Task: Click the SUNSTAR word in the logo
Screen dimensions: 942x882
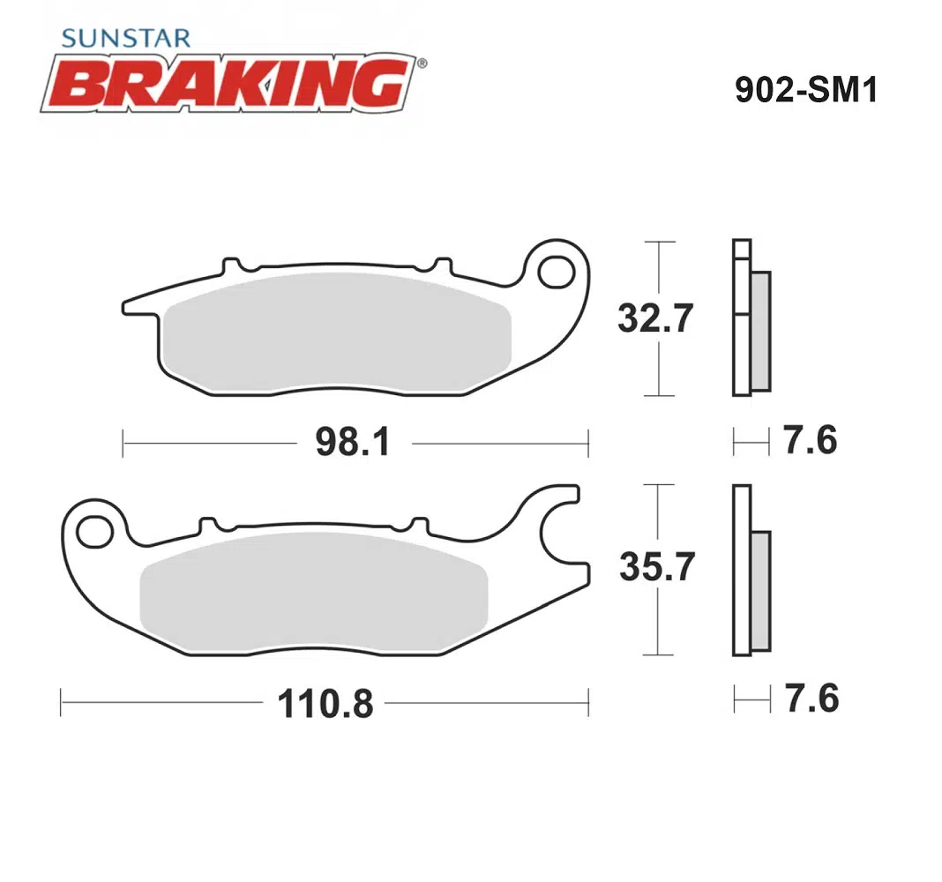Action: (x=126, y=39)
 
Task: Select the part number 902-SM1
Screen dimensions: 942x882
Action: (x=806, y=90)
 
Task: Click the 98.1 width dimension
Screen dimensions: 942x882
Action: (x=353, y=442)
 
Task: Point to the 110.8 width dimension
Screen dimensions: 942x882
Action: (x=325, y=704)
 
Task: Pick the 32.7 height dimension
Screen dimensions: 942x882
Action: (x=655, y=318)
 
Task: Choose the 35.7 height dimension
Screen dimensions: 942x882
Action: (x=656, y=566)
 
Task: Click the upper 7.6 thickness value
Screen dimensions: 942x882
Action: (x=810, y=440)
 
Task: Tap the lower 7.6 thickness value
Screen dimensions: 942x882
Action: (x=811, y=699)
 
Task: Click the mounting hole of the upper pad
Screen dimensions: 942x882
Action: (x=557, y=273)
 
